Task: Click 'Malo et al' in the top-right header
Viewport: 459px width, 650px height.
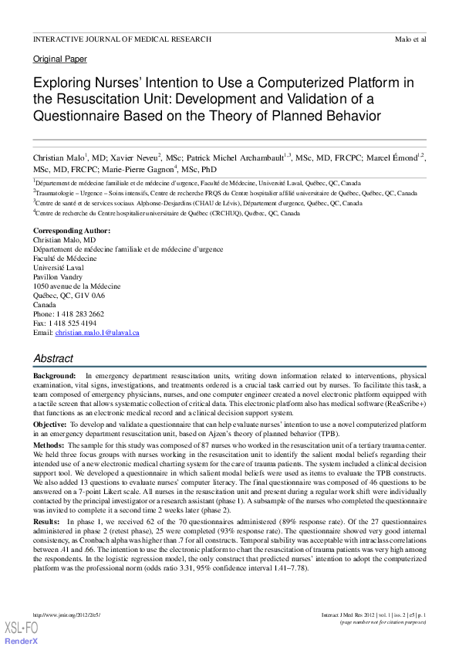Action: point(410,39)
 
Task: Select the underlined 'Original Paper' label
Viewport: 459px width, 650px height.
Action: point(60,59)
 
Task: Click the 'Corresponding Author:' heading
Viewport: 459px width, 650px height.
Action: point(72,231)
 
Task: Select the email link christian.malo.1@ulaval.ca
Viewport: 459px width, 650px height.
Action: point(97,333)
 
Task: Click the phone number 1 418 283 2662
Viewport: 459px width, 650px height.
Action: point(80,314)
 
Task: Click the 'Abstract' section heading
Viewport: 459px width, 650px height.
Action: point(53,358)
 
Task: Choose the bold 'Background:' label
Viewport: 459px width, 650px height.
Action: point(54,374)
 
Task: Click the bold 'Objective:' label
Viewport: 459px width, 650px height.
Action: point(50,425)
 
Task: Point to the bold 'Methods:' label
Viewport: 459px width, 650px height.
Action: point(49,445)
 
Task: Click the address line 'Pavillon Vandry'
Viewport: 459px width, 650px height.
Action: point(59,277)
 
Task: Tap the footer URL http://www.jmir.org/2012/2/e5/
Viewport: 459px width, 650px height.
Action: point(68,615)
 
